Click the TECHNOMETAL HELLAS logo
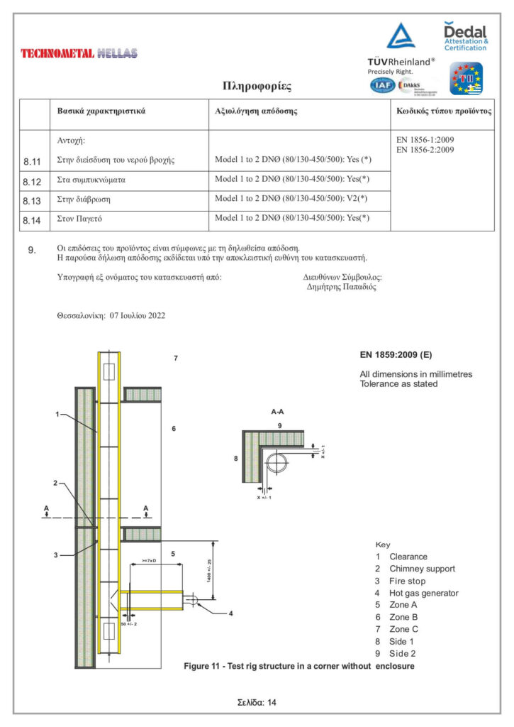point(79,53)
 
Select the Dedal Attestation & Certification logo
point(465,35)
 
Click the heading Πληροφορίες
point(256,87)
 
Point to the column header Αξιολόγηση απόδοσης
point(255,112)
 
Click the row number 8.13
point(33,201)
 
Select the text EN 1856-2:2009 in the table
point(425,150)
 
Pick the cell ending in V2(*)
point(291,199)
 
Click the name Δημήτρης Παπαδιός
point(341,288)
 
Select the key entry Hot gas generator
point(423,593)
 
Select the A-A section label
point(279,412)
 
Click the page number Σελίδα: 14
point(257,701)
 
